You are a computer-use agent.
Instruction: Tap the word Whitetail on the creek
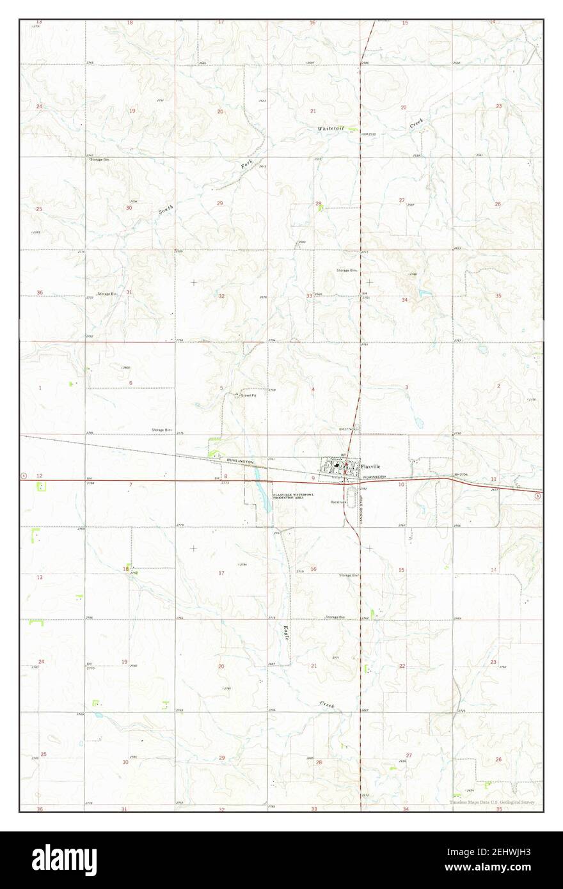click(x=330, y=129)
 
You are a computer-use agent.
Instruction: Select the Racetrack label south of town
click(x=338, y=503)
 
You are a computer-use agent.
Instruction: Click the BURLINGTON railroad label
click(x=240, y=461)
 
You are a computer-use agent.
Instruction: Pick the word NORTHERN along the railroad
click(x=375, y=478)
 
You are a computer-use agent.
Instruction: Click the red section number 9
click(x=313, y=478)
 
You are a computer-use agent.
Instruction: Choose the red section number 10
click(x=401, y=485)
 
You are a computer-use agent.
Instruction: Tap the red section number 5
click(x=221, y=388)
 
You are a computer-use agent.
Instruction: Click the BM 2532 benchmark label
click(x=369, y=134)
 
